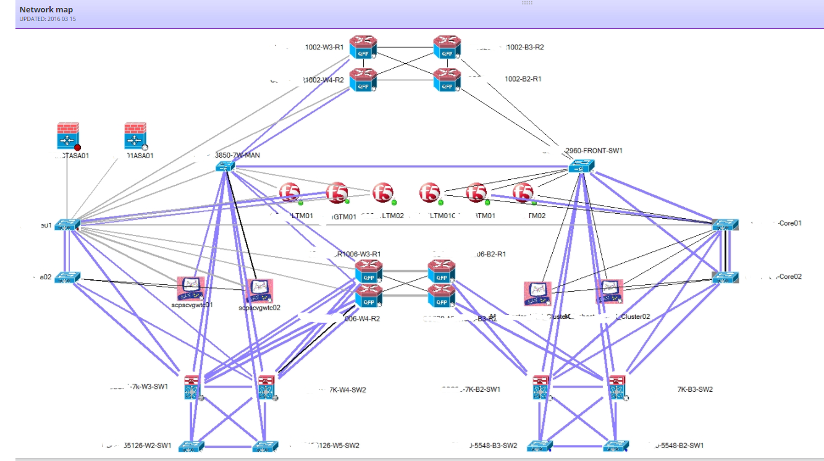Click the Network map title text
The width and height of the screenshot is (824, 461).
[x=47, y=10]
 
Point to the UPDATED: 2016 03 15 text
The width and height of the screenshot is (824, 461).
[x=48, y=19]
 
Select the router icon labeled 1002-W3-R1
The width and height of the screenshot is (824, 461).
[x=363, y=48]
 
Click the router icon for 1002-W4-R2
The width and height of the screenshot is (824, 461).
[x=363, y=80]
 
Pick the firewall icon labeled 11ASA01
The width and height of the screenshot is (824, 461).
[x=135, y=136]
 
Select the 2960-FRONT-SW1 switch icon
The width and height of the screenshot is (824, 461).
[x=581, y=166]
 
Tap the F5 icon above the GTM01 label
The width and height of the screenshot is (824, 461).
[x=337, y=193]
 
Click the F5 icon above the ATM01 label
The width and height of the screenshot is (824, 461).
[x=476, y=193]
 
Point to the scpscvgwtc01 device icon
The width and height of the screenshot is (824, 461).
[x=190, y=289]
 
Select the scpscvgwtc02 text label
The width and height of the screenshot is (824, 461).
[x=259, y=307]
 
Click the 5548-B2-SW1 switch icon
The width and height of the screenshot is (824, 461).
[x=616, y=446]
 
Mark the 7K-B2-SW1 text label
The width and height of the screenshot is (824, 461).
[x=472, y=389]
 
